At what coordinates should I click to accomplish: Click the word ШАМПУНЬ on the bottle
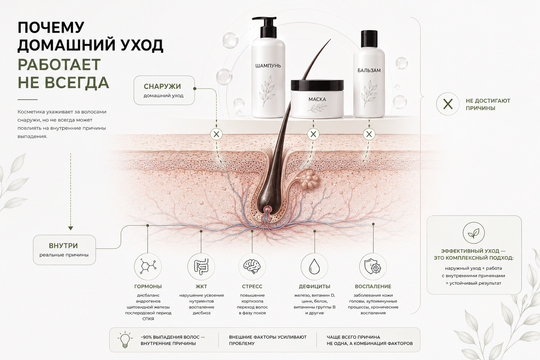pos(268,66)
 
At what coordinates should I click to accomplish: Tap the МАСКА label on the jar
pos(317,99)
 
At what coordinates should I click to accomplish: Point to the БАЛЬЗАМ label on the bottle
pos(369,70)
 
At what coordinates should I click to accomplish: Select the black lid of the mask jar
pos(317,85)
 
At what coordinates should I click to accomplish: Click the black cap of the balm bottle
pos(369,39)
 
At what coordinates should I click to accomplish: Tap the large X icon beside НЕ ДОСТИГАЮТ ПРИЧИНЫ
pos(448,104)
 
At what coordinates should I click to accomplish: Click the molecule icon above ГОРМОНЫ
pos(148,266)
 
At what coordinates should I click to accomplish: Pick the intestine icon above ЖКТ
pos(201,266)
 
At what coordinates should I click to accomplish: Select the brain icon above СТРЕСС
pos(252,266)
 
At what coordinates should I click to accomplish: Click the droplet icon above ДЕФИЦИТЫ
pos(314,266)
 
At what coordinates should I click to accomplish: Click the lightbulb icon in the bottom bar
pos(125,339)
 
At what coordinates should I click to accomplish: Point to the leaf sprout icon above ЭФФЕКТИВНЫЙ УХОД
pos(474,233)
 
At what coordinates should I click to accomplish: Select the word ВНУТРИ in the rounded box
pos(63,246)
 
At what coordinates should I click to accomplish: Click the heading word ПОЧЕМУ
pos(51,27)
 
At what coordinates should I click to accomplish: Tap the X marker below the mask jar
pos(313,134)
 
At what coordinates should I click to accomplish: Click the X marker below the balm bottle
pos(369,134)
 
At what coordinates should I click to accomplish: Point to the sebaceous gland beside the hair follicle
pos(309,180)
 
